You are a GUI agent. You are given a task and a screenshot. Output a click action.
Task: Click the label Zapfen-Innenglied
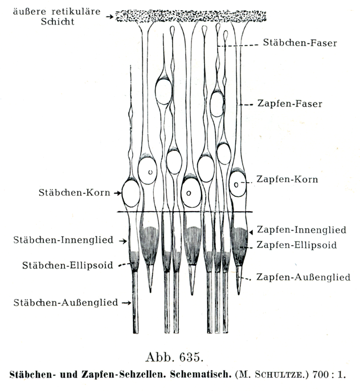[x=301, y=230]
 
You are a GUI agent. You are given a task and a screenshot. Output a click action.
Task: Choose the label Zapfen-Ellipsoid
[x=296, y=245]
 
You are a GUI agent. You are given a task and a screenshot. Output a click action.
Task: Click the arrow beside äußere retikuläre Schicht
[x=109, y=17]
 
